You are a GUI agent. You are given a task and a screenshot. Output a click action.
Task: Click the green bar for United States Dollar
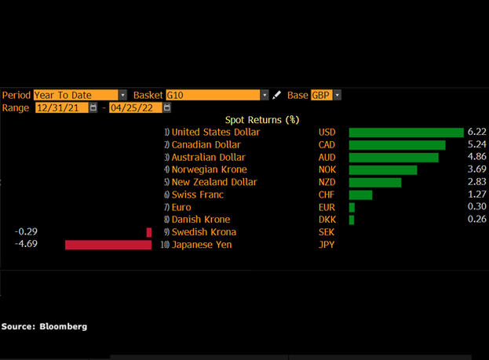406,133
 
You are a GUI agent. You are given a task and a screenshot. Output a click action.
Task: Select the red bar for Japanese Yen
108,245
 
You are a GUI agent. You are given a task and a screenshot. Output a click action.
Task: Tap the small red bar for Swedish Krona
149,232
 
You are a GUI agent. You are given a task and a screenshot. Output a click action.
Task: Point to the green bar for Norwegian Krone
383,169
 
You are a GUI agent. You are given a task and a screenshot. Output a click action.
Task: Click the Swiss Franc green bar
360,195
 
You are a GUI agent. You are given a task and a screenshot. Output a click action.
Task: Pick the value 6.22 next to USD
476,132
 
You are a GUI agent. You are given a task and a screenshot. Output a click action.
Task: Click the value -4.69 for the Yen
27,244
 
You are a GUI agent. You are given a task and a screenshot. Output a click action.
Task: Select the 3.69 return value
476,169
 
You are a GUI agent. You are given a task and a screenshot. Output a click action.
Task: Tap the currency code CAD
327,144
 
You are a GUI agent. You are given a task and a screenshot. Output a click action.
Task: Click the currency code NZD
327,182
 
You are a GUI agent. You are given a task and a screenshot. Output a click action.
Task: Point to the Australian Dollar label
208,157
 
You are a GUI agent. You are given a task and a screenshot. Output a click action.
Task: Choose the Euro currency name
182,207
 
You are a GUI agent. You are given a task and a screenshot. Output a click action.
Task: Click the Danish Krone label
200,220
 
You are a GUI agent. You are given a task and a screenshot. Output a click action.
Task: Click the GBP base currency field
322,95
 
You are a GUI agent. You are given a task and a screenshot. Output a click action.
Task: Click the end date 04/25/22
136,107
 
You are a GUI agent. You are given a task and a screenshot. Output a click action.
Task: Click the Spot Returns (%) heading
262,120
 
